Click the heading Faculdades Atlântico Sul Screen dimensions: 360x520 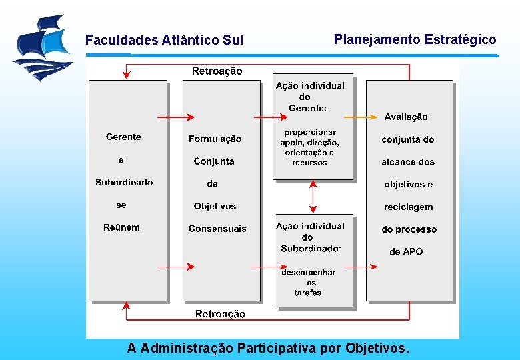click(164, 41)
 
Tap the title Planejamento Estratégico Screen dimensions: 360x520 click(415, 39)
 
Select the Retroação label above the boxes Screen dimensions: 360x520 click(217, 71)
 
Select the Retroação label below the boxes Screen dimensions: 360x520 click(220, 314)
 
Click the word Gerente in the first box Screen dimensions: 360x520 click(123, 137)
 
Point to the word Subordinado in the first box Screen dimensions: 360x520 click(124, 182)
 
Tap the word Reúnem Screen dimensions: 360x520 click(121, 227)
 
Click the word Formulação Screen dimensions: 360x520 click(215, 139)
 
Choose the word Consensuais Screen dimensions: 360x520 click(217, 229)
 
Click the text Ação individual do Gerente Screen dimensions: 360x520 click(310, 96)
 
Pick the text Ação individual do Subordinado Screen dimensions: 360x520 click(311, 237)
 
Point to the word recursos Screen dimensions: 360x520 click(309, 163)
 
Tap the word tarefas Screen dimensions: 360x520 click(308, 293)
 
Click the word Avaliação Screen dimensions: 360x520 click(406, 117)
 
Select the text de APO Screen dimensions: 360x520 click(406, 251)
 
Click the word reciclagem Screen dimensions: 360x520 click(408, 207)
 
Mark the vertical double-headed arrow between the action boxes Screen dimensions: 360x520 click(313, 197)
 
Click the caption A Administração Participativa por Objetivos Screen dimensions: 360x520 click(269, 348)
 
